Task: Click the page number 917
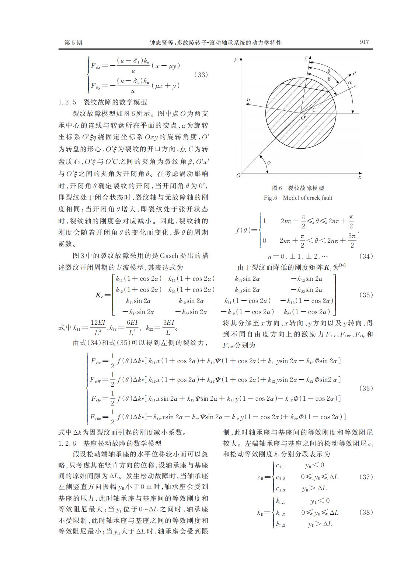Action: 364,42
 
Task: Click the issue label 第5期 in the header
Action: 73,43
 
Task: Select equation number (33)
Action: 201,75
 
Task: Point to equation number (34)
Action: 365,256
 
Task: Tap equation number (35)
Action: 365,295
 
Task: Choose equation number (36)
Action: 365,388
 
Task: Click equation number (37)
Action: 365,477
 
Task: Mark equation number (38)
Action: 365,512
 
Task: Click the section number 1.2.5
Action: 67,102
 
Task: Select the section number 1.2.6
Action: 67,443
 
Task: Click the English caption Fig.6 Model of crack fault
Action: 298,198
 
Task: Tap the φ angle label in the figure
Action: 268,162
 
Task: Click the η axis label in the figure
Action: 248,100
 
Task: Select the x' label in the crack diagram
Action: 354,74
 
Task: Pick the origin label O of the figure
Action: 238,176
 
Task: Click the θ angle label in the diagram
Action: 329,71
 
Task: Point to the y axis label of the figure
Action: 236,59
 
